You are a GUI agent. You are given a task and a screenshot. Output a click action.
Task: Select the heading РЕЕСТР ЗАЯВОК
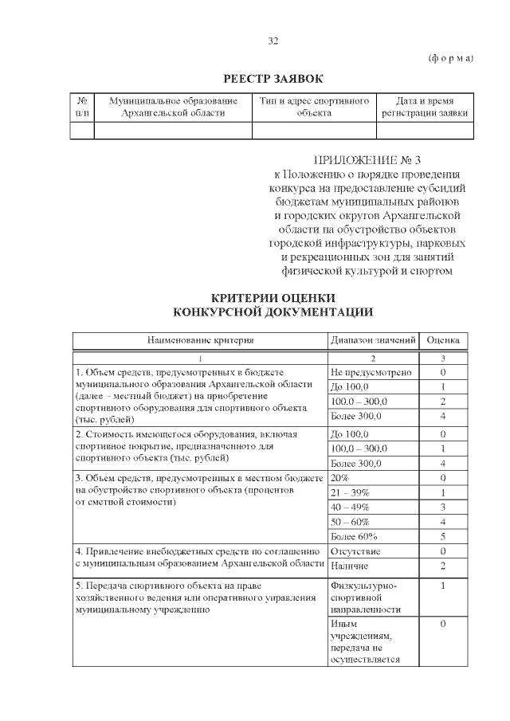(273, 78)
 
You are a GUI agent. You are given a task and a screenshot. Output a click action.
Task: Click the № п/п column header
(82, 107)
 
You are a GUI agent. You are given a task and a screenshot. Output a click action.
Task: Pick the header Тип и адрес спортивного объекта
(314, 107)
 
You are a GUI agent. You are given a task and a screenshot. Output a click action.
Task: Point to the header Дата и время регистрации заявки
(425, 107)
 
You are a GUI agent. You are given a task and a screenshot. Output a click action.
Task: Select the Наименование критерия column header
(200, 340)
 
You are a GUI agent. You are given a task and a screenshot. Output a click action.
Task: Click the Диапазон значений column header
(373, 340)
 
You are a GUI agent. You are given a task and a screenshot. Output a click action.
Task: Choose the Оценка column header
(443, 340)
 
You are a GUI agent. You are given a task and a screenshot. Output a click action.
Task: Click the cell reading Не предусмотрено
(371, 372)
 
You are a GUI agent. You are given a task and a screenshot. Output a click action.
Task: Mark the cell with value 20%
(339, 478)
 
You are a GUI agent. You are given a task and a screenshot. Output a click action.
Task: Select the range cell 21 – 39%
(350, 492)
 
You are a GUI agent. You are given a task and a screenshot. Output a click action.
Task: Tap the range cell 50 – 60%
(350, 521)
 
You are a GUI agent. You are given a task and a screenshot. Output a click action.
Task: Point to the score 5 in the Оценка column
(443, 536)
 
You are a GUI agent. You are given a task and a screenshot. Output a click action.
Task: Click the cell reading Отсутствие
(355, 551)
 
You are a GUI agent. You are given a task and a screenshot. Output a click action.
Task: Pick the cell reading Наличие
(349, 566)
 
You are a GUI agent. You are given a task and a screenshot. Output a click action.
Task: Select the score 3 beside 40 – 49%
(443, 507)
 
